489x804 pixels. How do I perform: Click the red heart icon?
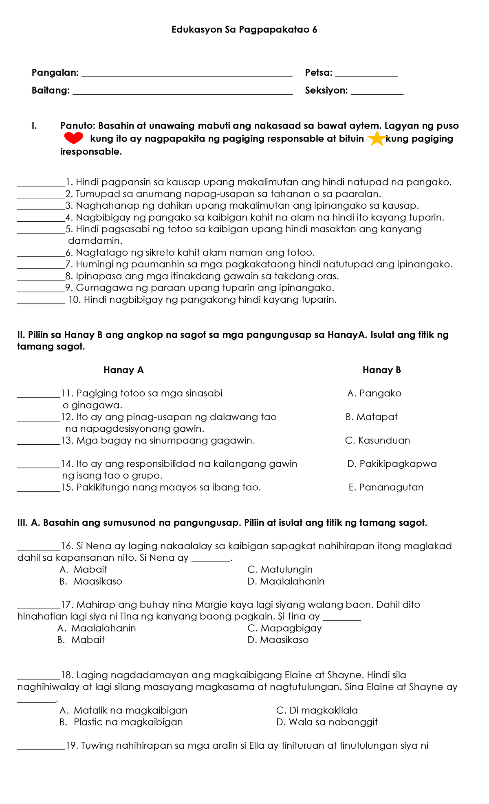click(x=74, y=138)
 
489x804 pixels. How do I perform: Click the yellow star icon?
click(x=376, y=139)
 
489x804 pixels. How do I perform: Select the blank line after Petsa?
click(x=366, y=75)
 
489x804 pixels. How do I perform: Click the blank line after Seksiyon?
click(x=377, y=93)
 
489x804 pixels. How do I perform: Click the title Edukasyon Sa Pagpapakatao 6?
click(x=244, y=30)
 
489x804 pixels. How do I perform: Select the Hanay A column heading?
click(x=123, y=370)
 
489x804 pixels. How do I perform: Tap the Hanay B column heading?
click(x=382, y=370)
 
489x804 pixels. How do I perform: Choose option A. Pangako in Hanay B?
click(x=374, y=393)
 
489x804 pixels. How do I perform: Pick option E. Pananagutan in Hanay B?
click(x=386, y=487)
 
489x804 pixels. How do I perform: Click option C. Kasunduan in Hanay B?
click(x=378, y=441)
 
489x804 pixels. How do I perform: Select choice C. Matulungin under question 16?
click(x=280, y=570)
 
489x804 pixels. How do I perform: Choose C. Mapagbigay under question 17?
click(x=284, y=628)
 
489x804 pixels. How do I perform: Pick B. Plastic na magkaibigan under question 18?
click(x=121, y=722)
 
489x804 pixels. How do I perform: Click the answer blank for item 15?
click(x=39, y=490)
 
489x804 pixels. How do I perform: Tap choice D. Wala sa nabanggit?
click(x=327, y=722)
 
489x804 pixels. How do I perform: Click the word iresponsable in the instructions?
click(x=91, y=152)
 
